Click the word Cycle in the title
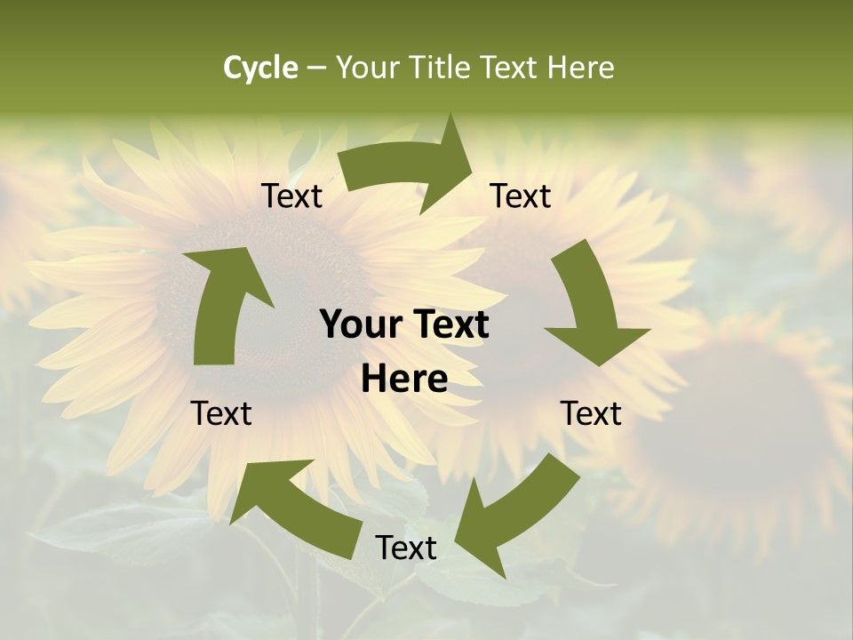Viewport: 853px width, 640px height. pyautogui.click(x=260, y=68)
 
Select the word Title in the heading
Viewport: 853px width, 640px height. pyautogui.click(x=441, y=68)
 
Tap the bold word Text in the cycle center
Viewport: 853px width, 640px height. pyautogui.click(x=449, y=324)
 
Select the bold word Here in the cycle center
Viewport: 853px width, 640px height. pyautogui.click(x=404, y=380)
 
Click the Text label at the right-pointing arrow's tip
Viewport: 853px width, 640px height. pyautogui.click(x=521, y=196)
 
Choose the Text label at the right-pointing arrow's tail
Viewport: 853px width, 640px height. pyautogui.click(x=291, y=196)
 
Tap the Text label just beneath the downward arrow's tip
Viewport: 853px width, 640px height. pyautogui.click(x=591, y=413)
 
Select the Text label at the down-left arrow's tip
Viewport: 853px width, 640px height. pyautogui.click(x=406, y=548)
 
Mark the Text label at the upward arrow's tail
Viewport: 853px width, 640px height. pyautogui.click(x=221, y=413)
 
